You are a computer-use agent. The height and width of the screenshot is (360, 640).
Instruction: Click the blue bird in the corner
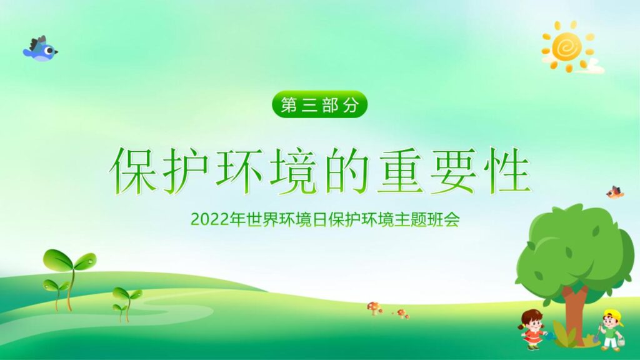pyautogui.click(x=41, y=49)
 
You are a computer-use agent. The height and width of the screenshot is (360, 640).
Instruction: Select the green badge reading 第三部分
pyautogui.click(x=319, y=105)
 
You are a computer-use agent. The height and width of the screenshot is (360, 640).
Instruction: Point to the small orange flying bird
pyautogui.click(x=615, y=192)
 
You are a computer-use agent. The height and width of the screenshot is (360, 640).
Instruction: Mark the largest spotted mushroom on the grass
pyautogui.click(x=374, y=307)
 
